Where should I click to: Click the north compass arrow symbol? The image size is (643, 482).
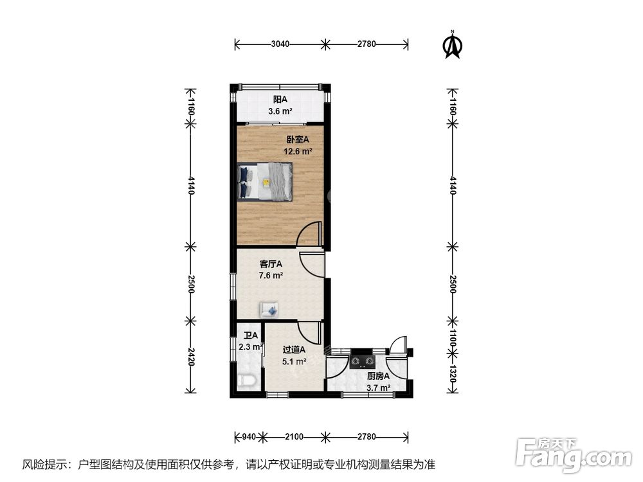coord(452,45)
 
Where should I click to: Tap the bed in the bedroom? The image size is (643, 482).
coord(265,181)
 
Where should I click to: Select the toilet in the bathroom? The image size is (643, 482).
coord(248,380)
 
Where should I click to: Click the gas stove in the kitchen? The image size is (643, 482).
coord(363,361)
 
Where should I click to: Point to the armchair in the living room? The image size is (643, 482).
coord(269,309)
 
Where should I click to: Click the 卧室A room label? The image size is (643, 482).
coord(298,139)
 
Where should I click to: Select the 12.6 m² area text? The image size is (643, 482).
coord(298,151)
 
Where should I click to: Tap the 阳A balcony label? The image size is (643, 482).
coord(280,99)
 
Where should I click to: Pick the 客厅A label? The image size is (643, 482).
coord(271,264)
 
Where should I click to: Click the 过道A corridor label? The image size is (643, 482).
coord(294,350)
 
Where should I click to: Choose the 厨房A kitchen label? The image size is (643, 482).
coord(378,376)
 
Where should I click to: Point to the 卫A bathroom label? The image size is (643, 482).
coord(251,335)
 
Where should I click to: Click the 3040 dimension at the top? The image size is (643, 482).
coord(280,44)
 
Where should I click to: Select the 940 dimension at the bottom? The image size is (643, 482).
coord(248,436)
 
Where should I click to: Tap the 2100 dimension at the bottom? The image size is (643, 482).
coord(294,436)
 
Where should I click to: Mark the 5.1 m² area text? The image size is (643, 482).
coord(294,361)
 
